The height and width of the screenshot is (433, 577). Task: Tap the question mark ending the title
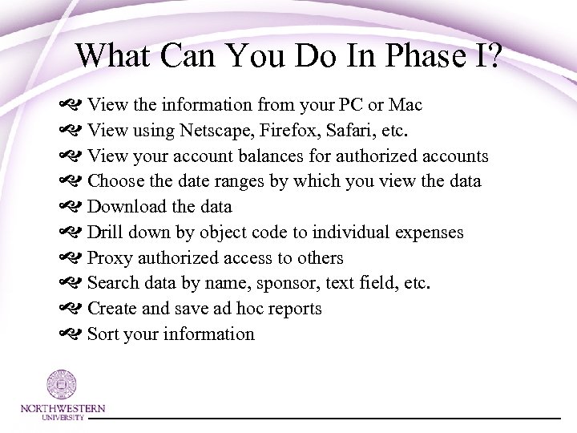[x=487, y=55]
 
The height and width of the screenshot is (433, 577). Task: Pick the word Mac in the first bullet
[x=406, y=104]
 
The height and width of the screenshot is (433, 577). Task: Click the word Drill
[x=104, y=233]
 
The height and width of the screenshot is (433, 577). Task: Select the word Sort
[x=103, y=334]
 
